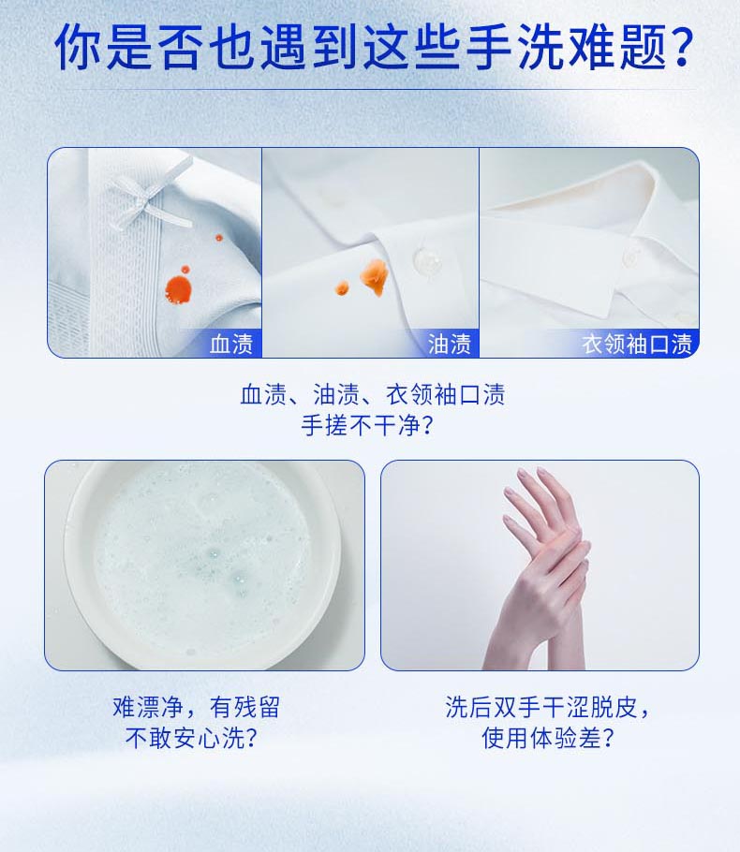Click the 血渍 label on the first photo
pos(231,344)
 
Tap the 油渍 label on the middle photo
pos(449,344)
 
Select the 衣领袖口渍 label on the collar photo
pos(637,344)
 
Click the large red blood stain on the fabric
pos(179,289)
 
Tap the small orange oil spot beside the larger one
pos(342,288)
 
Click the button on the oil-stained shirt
pos(427,259)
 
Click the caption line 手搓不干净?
pos(367,425)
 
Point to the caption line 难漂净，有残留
pos(197,708)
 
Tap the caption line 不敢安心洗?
pos(191,738)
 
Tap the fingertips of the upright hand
pos(527,481)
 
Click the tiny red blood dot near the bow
pos(218,238)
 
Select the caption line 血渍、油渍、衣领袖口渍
pos(373,394)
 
